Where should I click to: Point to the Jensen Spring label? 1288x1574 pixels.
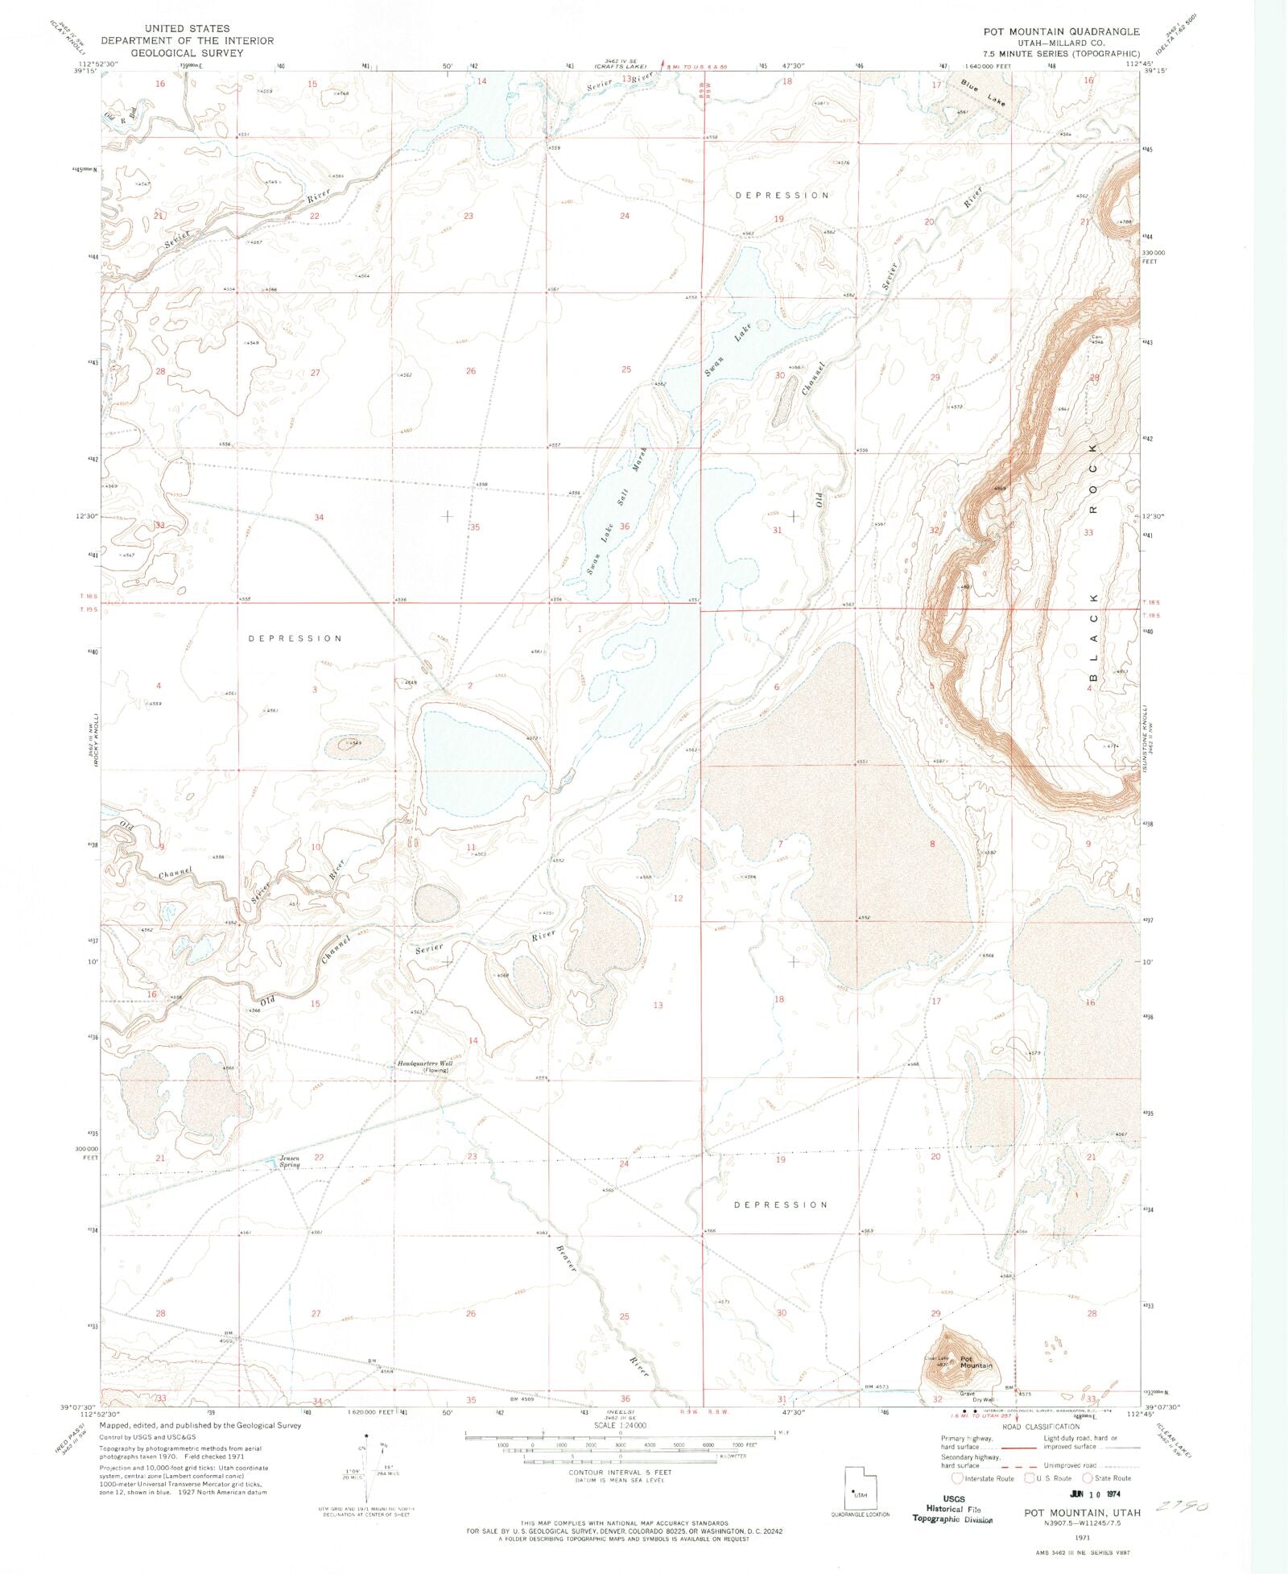pyautogui.click(x=290, y=1162)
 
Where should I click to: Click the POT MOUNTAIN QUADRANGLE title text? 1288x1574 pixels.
pyautogui.click(x=1061, y=31)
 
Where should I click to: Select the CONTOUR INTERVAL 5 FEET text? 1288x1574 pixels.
pyautogui.click(x=619, y=1472)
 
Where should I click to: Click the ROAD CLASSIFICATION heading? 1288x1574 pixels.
pyautogui.click(x=1041, y=1427)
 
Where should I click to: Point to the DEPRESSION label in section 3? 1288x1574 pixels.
pyautogui.click(x=295, y=638)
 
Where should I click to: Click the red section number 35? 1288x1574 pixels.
pyautogui.click(x=475, y=527)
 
